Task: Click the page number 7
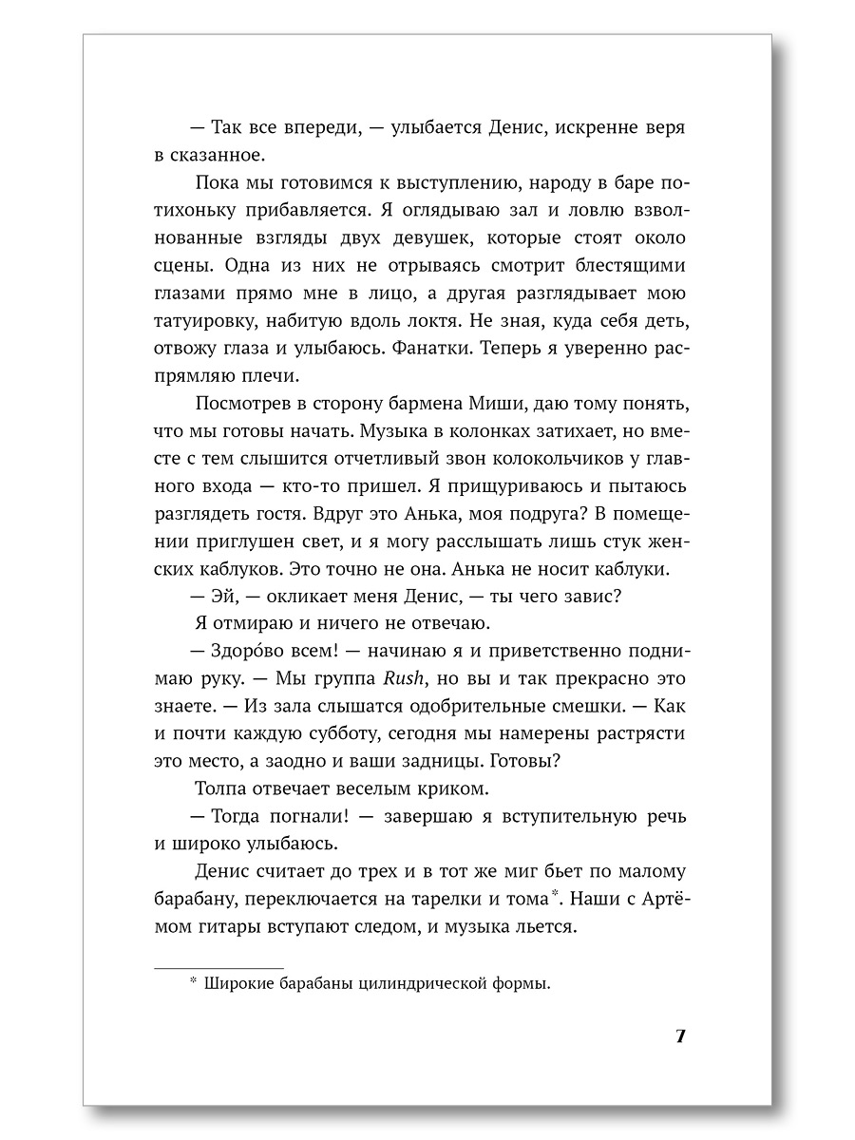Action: (x=679, y=1035)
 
